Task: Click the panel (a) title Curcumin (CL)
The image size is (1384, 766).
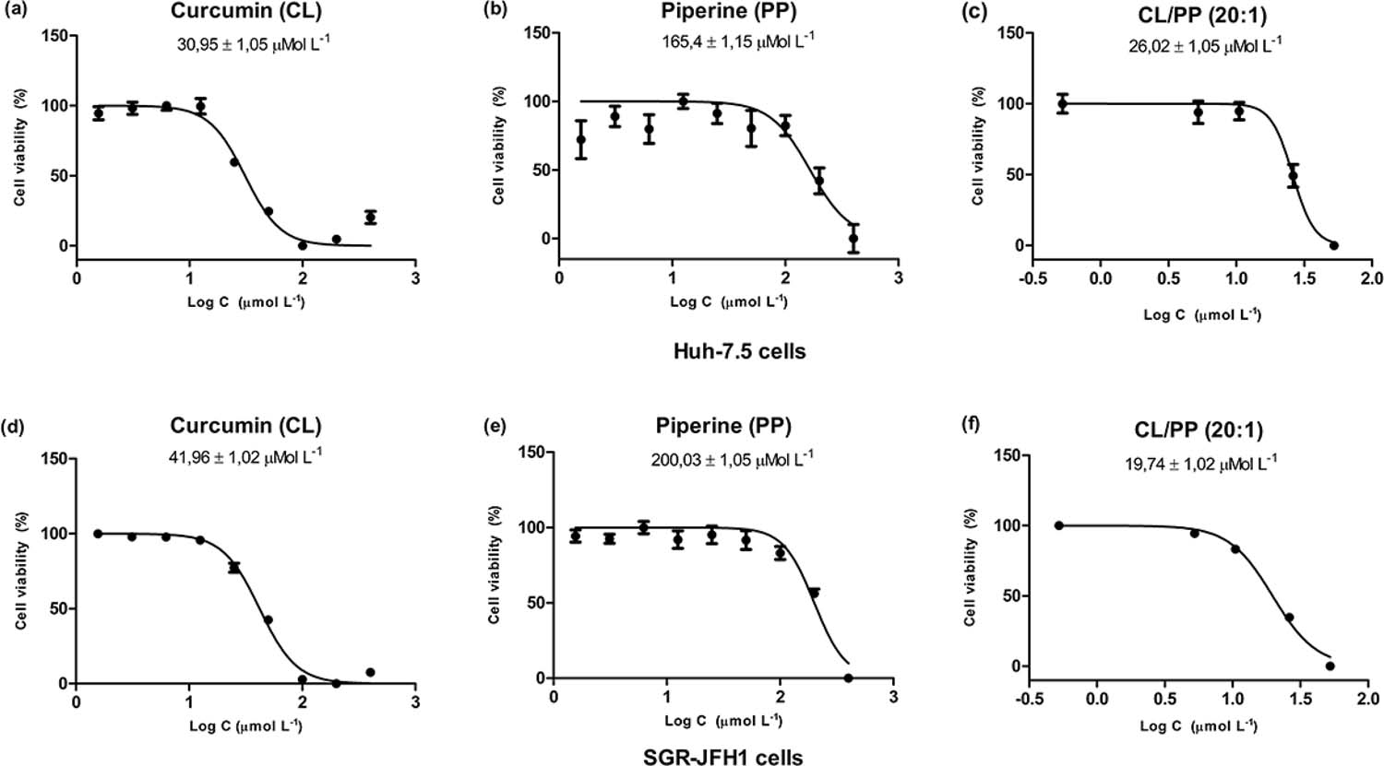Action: (246, 11)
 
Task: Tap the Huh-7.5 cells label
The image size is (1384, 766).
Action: (740, 351)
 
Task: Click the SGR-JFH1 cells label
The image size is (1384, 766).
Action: (722, 757)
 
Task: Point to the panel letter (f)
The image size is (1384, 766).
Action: (972, 425)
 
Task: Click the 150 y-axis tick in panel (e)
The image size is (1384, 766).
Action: (533, 453)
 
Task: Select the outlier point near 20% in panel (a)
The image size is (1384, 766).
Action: (370, 218)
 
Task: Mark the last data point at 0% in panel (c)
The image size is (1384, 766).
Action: (1333, 246)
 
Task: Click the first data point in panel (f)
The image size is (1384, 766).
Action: (1058, 525)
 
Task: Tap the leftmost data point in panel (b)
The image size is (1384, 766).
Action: (580, 139)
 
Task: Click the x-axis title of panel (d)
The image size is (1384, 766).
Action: (245, 725)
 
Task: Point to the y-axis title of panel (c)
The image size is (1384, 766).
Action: (977, 147)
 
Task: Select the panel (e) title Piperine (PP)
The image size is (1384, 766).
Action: (723, 426)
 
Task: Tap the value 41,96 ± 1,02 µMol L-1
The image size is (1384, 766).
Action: (245, 457)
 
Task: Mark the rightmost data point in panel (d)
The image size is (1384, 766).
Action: (370, 672)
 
